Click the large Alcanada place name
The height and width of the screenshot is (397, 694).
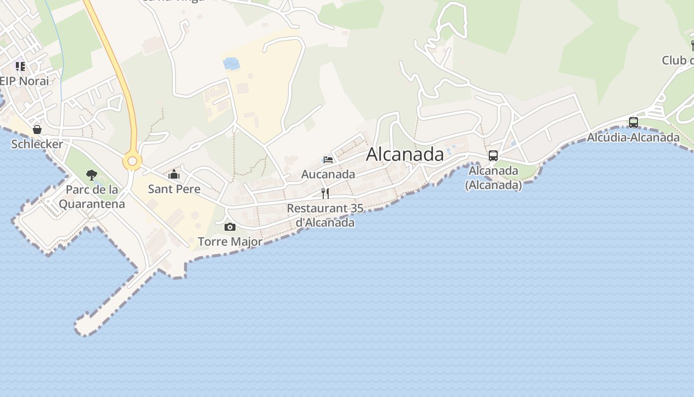[x=405, y=154]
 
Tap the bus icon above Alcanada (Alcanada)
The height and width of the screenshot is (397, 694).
[x=493, y=156]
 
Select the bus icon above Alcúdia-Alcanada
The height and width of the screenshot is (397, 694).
[x=633, y=122]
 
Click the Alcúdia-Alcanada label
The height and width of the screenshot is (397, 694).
[x=633, y=137]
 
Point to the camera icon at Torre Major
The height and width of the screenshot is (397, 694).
[x=230, y=227]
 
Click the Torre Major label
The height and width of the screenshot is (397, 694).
[x=230, y=242]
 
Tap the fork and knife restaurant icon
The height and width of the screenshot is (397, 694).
[x=325, y=193]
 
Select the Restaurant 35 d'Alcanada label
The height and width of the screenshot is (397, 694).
[x=325, y=215]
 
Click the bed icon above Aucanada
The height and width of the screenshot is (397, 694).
[x=328, y=160]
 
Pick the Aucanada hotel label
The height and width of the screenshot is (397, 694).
[x=328, y=174]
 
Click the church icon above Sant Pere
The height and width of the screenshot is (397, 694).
[x=173, y=174]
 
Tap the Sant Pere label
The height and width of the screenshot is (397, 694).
[x=174, y=189]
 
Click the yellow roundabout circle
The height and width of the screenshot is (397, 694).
[x=132, y=161]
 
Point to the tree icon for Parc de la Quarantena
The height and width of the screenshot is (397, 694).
[x=91, y=175]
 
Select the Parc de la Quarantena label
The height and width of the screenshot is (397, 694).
[x=92, y=197]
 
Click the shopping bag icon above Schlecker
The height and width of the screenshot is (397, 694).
[x=37, y=130]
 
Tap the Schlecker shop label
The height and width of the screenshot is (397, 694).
[x=37, y=144]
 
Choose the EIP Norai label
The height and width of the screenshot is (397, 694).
[x=25, y=81]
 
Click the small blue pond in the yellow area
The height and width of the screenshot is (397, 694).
[x=231, y=64]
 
